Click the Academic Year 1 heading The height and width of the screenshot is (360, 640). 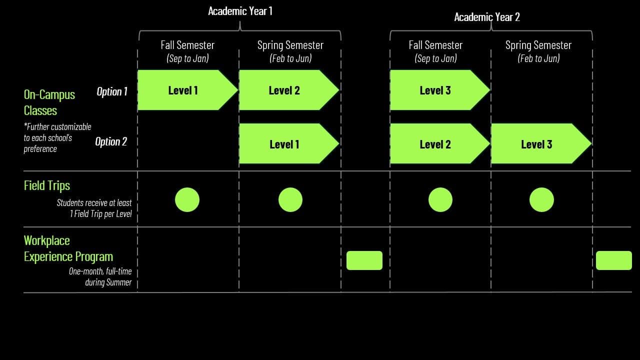point(240,11)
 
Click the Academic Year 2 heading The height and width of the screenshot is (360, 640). point(486,17)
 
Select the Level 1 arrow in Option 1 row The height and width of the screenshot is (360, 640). point(183,90)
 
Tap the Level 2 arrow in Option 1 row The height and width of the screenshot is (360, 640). point(284,90)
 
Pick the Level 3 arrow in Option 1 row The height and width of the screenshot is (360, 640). point(435,90)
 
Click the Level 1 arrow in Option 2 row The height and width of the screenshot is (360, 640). point(284,144)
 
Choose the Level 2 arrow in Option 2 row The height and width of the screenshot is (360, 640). point(435,144)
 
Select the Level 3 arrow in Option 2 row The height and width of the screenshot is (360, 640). point(536,144)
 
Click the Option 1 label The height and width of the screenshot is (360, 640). point(112,91)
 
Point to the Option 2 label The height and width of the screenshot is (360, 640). point(111,141)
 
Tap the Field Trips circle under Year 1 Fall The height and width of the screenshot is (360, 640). point(187,200)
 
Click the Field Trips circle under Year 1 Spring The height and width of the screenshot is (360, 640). point(290,200)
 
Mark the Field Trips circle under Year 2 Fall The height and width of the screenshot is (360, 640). point(440,200)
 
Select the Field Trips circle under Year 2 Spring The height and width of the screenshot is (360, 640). point(541,200)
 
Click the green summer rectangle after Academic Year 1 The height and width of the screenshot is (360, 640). point(364,260)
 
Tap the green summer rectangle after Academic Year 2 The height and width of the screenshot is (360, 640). point(613,260)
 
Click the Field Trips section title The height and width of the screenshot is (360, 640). point(47,185)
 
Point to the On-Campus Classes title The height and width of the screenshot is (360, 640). point(49,102)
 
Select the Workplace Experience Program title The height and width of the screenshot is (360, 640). point(68,248)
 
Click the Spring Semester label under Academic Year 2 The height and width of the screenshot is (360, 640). point(538,45)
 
